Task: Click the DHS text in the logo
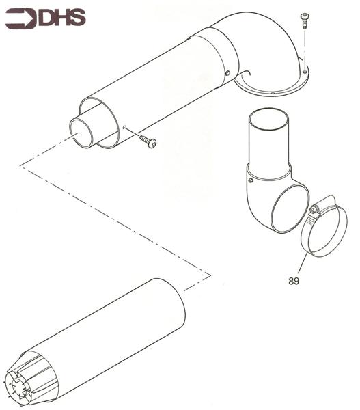[62, 18]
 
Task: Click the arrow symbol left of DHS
[20, 18]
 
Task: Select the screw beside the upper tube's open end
[148, 141]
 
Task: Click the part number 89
[294, 279]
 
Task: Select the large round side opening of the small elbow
[290, 211]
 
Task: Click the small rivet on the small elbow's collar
[251, 181]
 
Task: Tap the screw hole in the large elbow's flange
[272, 93]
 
